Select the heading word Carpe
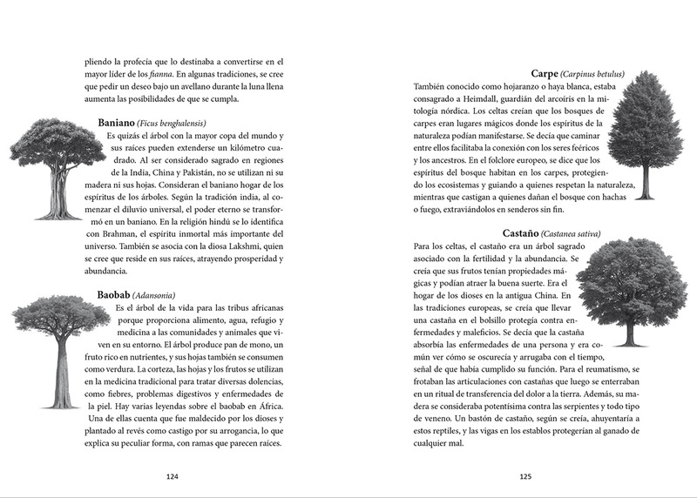click(x=544, y=73)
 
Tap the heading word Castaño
click(x=520, y=233)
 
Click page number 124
click(x=172, y=476)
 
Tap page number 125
click(x=525, y=476)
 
